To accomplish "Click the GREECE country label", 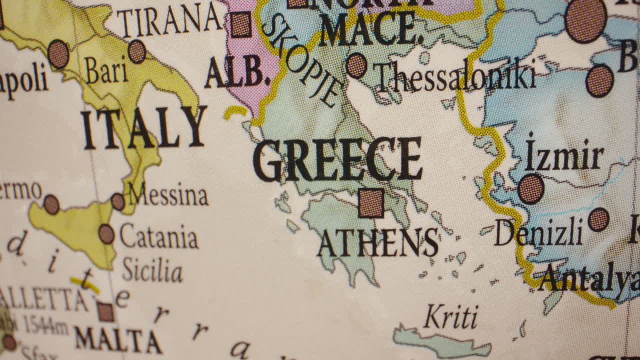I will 338,159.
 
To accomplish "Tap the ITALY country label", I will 143,128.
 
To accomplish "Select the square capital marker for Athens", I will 371,203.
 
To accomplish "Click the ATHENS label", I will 378,242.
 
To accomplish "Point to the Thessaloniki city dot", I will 356,65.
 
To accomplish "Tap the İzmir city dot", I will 530,189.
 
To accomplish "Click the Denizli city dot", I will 598,219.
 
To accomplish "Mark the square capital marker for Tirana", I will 241,24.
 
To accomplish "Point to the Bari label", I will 106,70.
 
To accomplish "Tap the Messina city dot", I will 118,201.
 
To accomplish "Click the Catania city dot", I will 106,234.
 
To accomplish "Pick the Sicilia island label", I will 152,270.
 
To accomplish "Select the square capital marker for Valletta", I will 105,312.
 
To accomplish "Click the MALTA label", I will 118,340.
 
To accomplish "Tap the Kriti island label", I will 451,317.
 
